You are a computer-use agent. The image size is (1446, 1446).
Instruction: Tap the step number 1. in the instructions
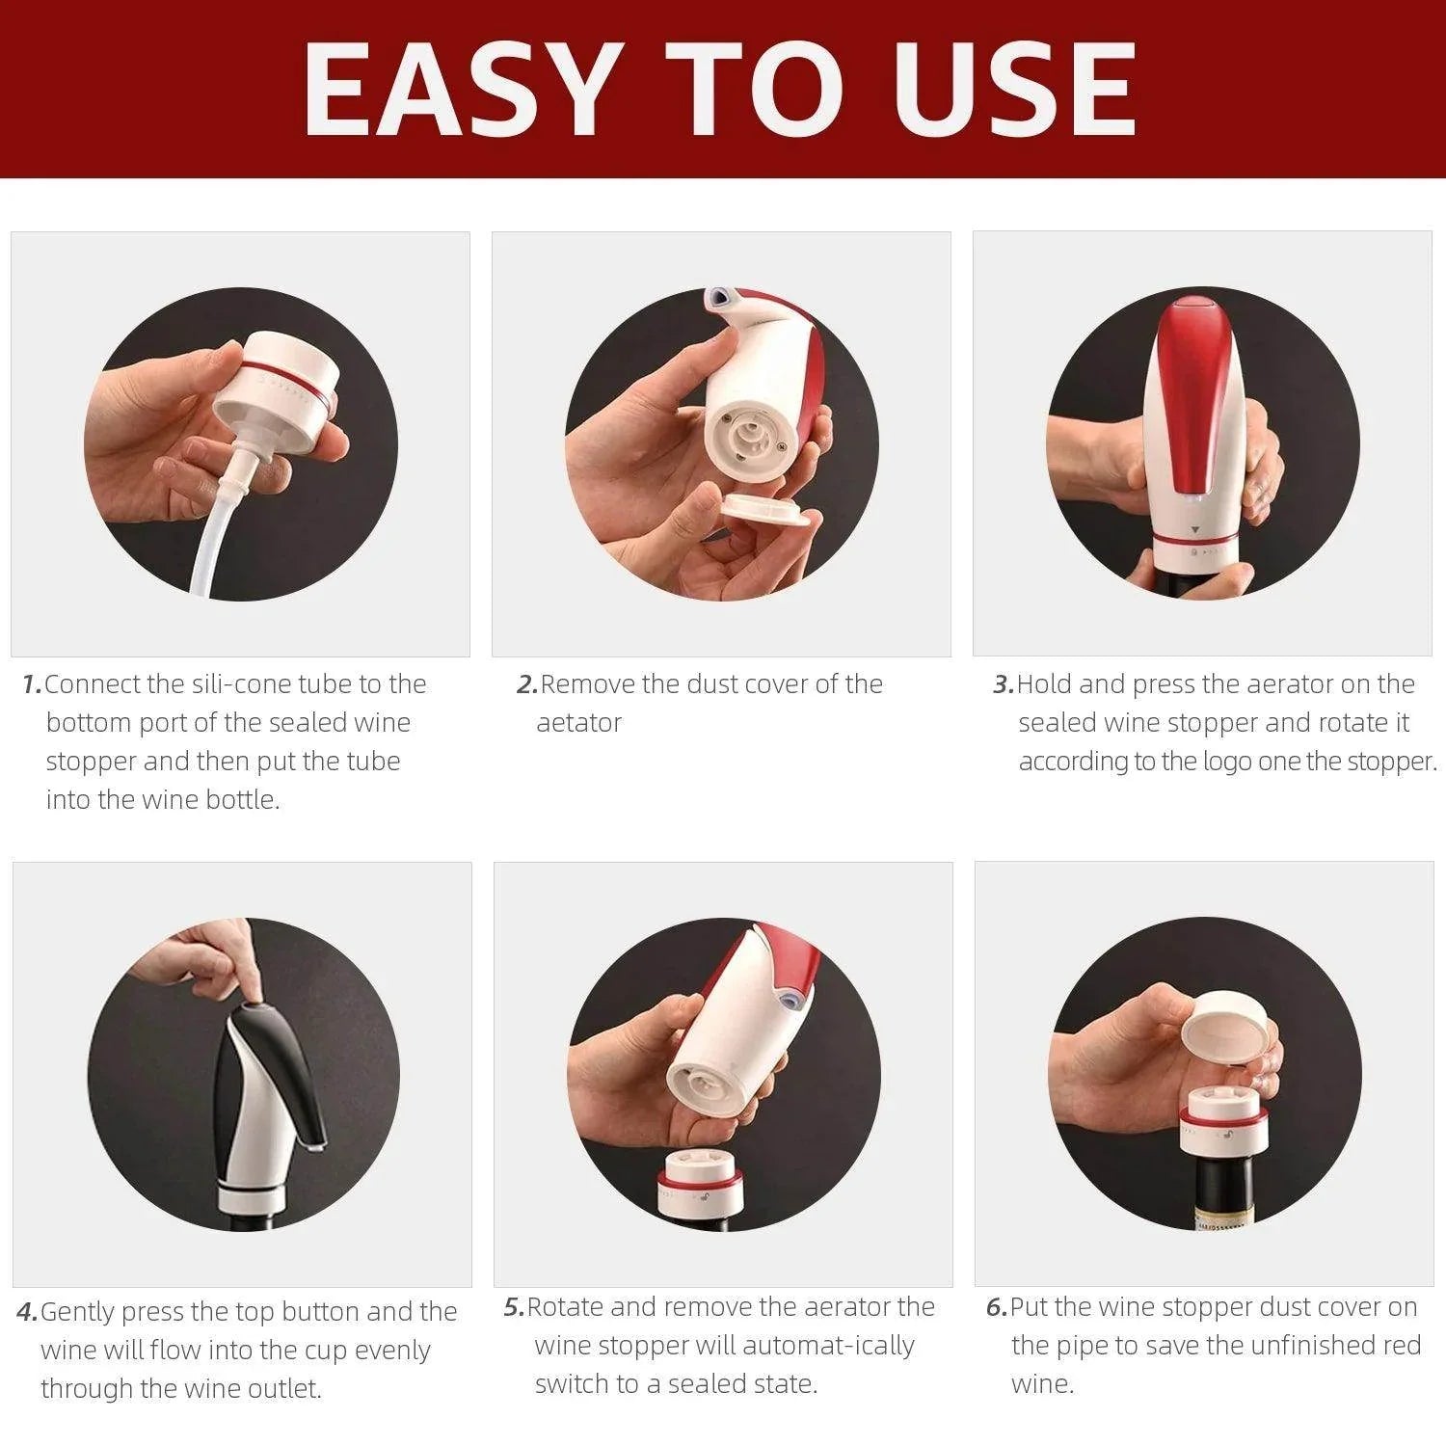[x=32, y=684]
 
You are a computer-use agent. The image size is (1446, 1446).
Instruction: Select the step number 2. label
[x=526, y=684]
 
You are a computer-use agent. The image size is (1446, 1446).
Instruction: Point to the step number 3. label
[x=1004, y=684]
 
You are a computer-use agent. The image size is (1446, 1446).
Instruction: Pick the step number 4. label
[x=28, y=1312]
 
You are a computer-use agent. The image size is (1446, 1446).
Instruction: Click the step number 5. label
[x=514, y=1307]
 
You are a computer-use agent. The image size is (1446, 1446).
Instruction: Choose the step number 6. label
[x=997, y=1307]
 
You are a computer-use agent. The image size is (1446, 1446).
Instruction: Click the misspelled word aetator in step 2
[x=578, y=723]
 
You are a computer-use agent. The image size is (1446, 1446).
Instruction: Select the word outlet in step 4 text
[x=279, y=1389]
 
